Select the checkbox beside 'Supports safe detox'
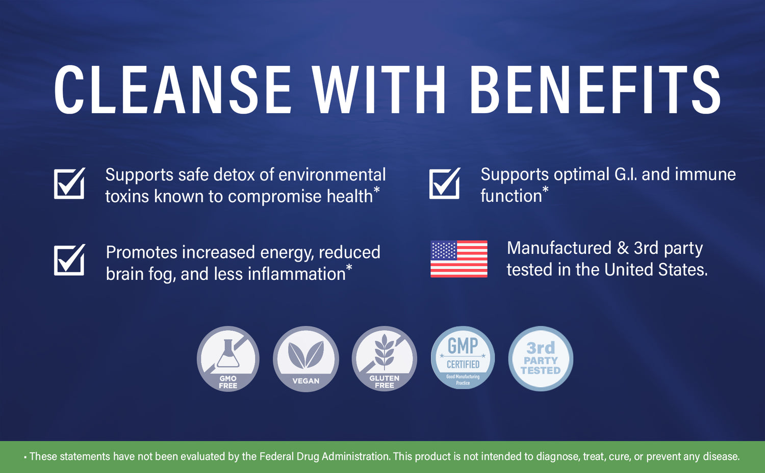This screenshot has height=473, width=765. [x=69, y=183]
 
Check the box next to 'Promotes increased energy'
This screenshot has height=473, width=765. [x=69, y=260]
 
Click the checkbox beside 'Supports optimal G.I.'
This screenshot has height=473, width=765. [x=445, y=183]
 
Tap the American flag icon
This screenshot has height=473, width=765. [x=458, y=259]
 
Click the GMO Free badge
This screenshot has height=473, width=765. [x=228, y=359]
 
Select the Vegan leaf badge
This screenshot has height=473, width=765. [x=305, y=359]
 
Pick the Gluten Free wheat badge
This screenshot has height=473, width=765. [x=384, y=359]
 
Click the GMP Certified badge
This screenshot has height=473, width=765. [x=463, y=358]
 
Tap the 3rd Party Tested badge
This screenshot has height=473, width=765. [x=541, y=359]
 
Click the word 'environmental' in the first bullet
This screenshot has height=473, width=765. [x=332, y=174]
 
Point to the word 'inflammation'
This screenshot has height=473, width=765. [x=296, y=274]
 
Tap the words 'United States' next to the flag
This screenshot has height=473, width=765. [x=656, y=270]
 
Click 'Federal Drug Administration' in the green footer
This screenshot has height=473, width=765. [x=324, y=456]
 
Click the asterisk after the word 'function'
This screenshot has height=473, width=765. [x=545, y=189]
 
